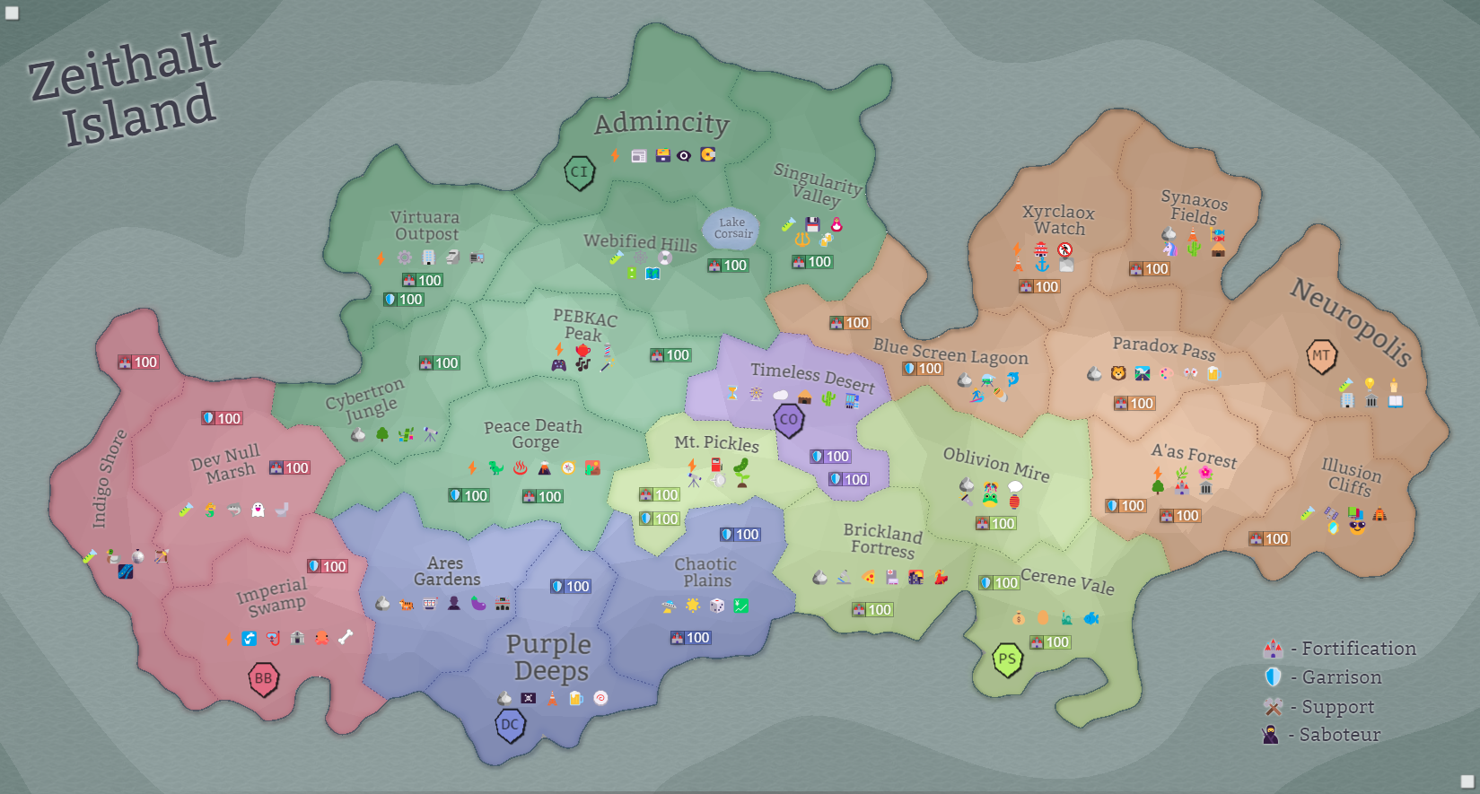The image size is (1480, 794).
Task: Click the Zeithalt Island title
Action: [126, 90]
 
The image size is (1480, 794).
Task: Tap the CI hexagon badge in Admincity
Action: [580, 172]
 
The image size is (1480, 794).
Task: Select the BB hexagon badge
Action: [263, 679]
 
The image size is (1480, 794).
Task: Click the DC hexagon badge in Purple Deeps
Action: [510, 725]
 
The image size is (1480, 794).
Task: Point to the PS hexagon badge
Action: [1007, 660]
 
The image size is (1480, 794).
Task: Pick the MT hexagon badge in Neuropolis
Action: [1321, 356]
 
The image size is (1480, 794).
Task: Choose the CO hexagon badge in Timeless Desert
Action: [789, 419]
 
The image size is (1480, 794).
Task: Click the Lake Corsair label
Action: [731, 228]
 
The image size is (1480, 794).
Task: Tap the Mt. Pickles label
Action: [716, 442]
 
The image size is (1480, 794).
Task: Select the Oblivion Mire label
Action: [996, 464]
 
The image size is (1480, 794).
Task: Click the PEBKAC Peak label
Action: [584, 325]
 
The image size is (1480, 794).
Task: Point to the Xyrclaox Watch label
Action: [1059, 220]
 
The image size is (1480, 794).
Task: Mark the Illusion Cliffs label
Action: [1351, 476]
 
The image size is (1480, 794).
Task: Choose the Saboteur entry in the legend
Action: [1339, 735]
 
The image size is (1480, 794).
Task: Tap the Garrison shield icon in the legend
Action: [1273, 676]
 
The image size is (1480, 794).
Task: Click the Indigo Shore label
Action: [108, 478]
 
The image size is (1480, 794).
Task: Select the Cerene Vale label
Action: [1067, 581]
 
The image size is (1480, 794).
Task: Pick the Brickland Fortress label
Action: [883, 540]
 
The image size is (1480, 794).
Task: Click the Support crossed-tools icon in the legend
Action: [1273, 706]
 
